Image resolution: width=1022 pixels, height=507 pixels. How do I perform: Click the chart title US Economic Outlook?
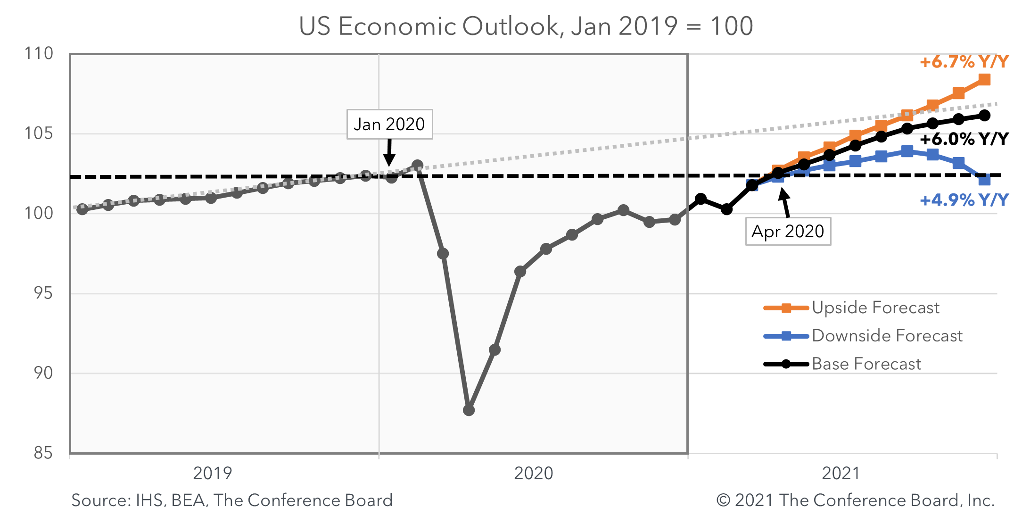[x=526, y=26]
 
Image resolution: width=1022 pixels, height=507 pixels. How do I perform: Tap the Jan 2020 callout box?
[x=389, y=125]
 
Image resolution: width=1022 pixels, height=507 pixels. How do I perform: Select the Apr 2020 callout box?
[x=788, y=232]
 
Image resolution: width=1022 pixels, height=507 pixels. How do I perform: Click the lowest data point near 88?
[x=469, y=410]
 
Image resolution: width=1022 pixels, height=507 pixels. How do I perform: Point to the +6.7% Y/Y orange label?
[x=964, y=62]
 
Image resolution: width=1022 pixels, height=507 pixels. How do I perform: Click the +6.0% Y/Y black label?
[x=964, y=139]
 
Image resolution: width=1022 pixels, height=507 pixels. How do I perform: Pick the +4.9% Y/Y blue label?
[x=964, y=200]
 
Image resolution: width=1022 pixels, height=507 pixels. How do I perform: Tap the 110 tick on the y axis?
[x=39, y=53]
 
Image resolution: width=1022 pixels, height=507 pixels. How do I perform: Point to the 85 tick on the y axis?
[x=43, y=453]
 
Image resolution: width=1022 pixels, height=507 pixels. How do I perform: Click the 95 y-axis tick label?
[x=43, y=293]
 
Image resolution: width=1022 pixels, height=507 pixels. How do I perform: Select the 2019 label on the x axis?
[x=213, y=473]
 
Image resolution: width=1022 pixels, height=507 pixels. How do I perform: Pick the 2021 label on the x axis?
[x=841, y=473]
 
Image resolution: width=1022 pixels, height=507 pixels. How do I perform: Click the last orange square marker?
[x=984, y=79]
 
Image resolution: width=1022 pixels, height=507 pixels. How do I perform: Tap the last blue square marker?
[x=984, y=180]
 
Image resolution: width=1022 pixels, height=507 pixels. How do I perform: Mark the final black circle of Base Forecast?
[x=984, y=116]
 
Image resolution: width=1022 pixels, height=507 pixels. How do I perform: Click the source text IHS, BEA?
[x=231, y=499]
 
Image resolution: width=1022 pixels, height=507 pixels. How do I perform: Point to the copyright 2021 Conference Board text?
[x=855, y=499]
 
